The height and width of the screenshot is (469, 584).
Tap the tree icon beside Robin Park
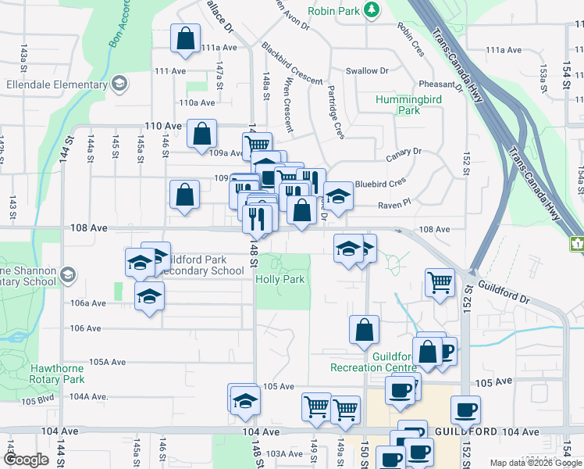tap(373, 10)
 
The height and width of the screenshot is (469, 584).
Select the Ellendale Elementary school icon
tap(119, 84)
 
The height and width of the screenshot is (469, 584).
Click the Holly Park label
tap(280, 278)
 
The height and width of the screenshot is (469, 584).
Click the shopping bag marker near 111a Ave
tap(185, 39)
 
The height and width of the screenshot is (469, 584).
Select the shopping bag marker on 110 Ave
tap(202, 134)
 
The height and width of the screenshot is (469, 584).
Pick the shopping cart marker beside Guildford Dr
tap(440, 282)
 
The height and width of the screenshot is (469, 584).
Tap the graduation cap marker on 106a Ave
tap(149, 297)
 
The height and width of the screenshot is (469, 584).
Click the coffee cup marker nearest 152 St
tap(465, 410)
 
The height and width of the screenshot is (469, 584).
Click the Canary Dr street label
tap(404, 152)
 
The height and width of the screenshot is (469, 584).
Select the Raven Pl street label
tap(394, 203)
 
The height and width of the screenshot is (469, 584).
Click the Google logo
tap(27, 460)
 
